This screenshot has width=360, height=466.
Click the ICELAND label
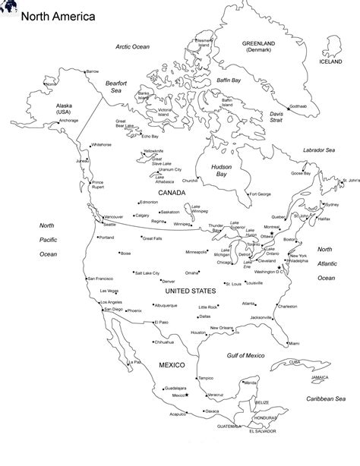pyautogui.click(x=331, y=61)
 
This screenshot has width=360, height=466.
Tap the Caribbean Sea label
pyautogui.click(x=326, y=398)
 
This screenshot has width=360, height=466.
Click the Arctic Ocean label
pyautogui.click(x=133, y=46)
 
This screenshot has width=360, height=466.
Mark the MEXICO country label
pyautogui.click(x=172, y=366)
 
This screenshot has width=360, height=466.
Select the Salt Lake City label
pyautogui.click(x=147, y=272)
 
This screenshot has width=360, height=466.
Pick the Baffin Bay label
pyautogui.click(x=226, y=79)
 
